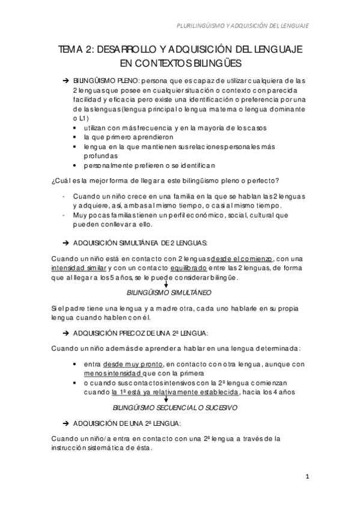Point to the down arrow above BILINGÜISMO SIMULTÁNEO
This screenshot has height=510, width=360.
165,283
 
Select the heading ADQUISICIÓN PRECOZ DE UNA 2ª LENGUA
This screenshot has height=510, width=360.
140,332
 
